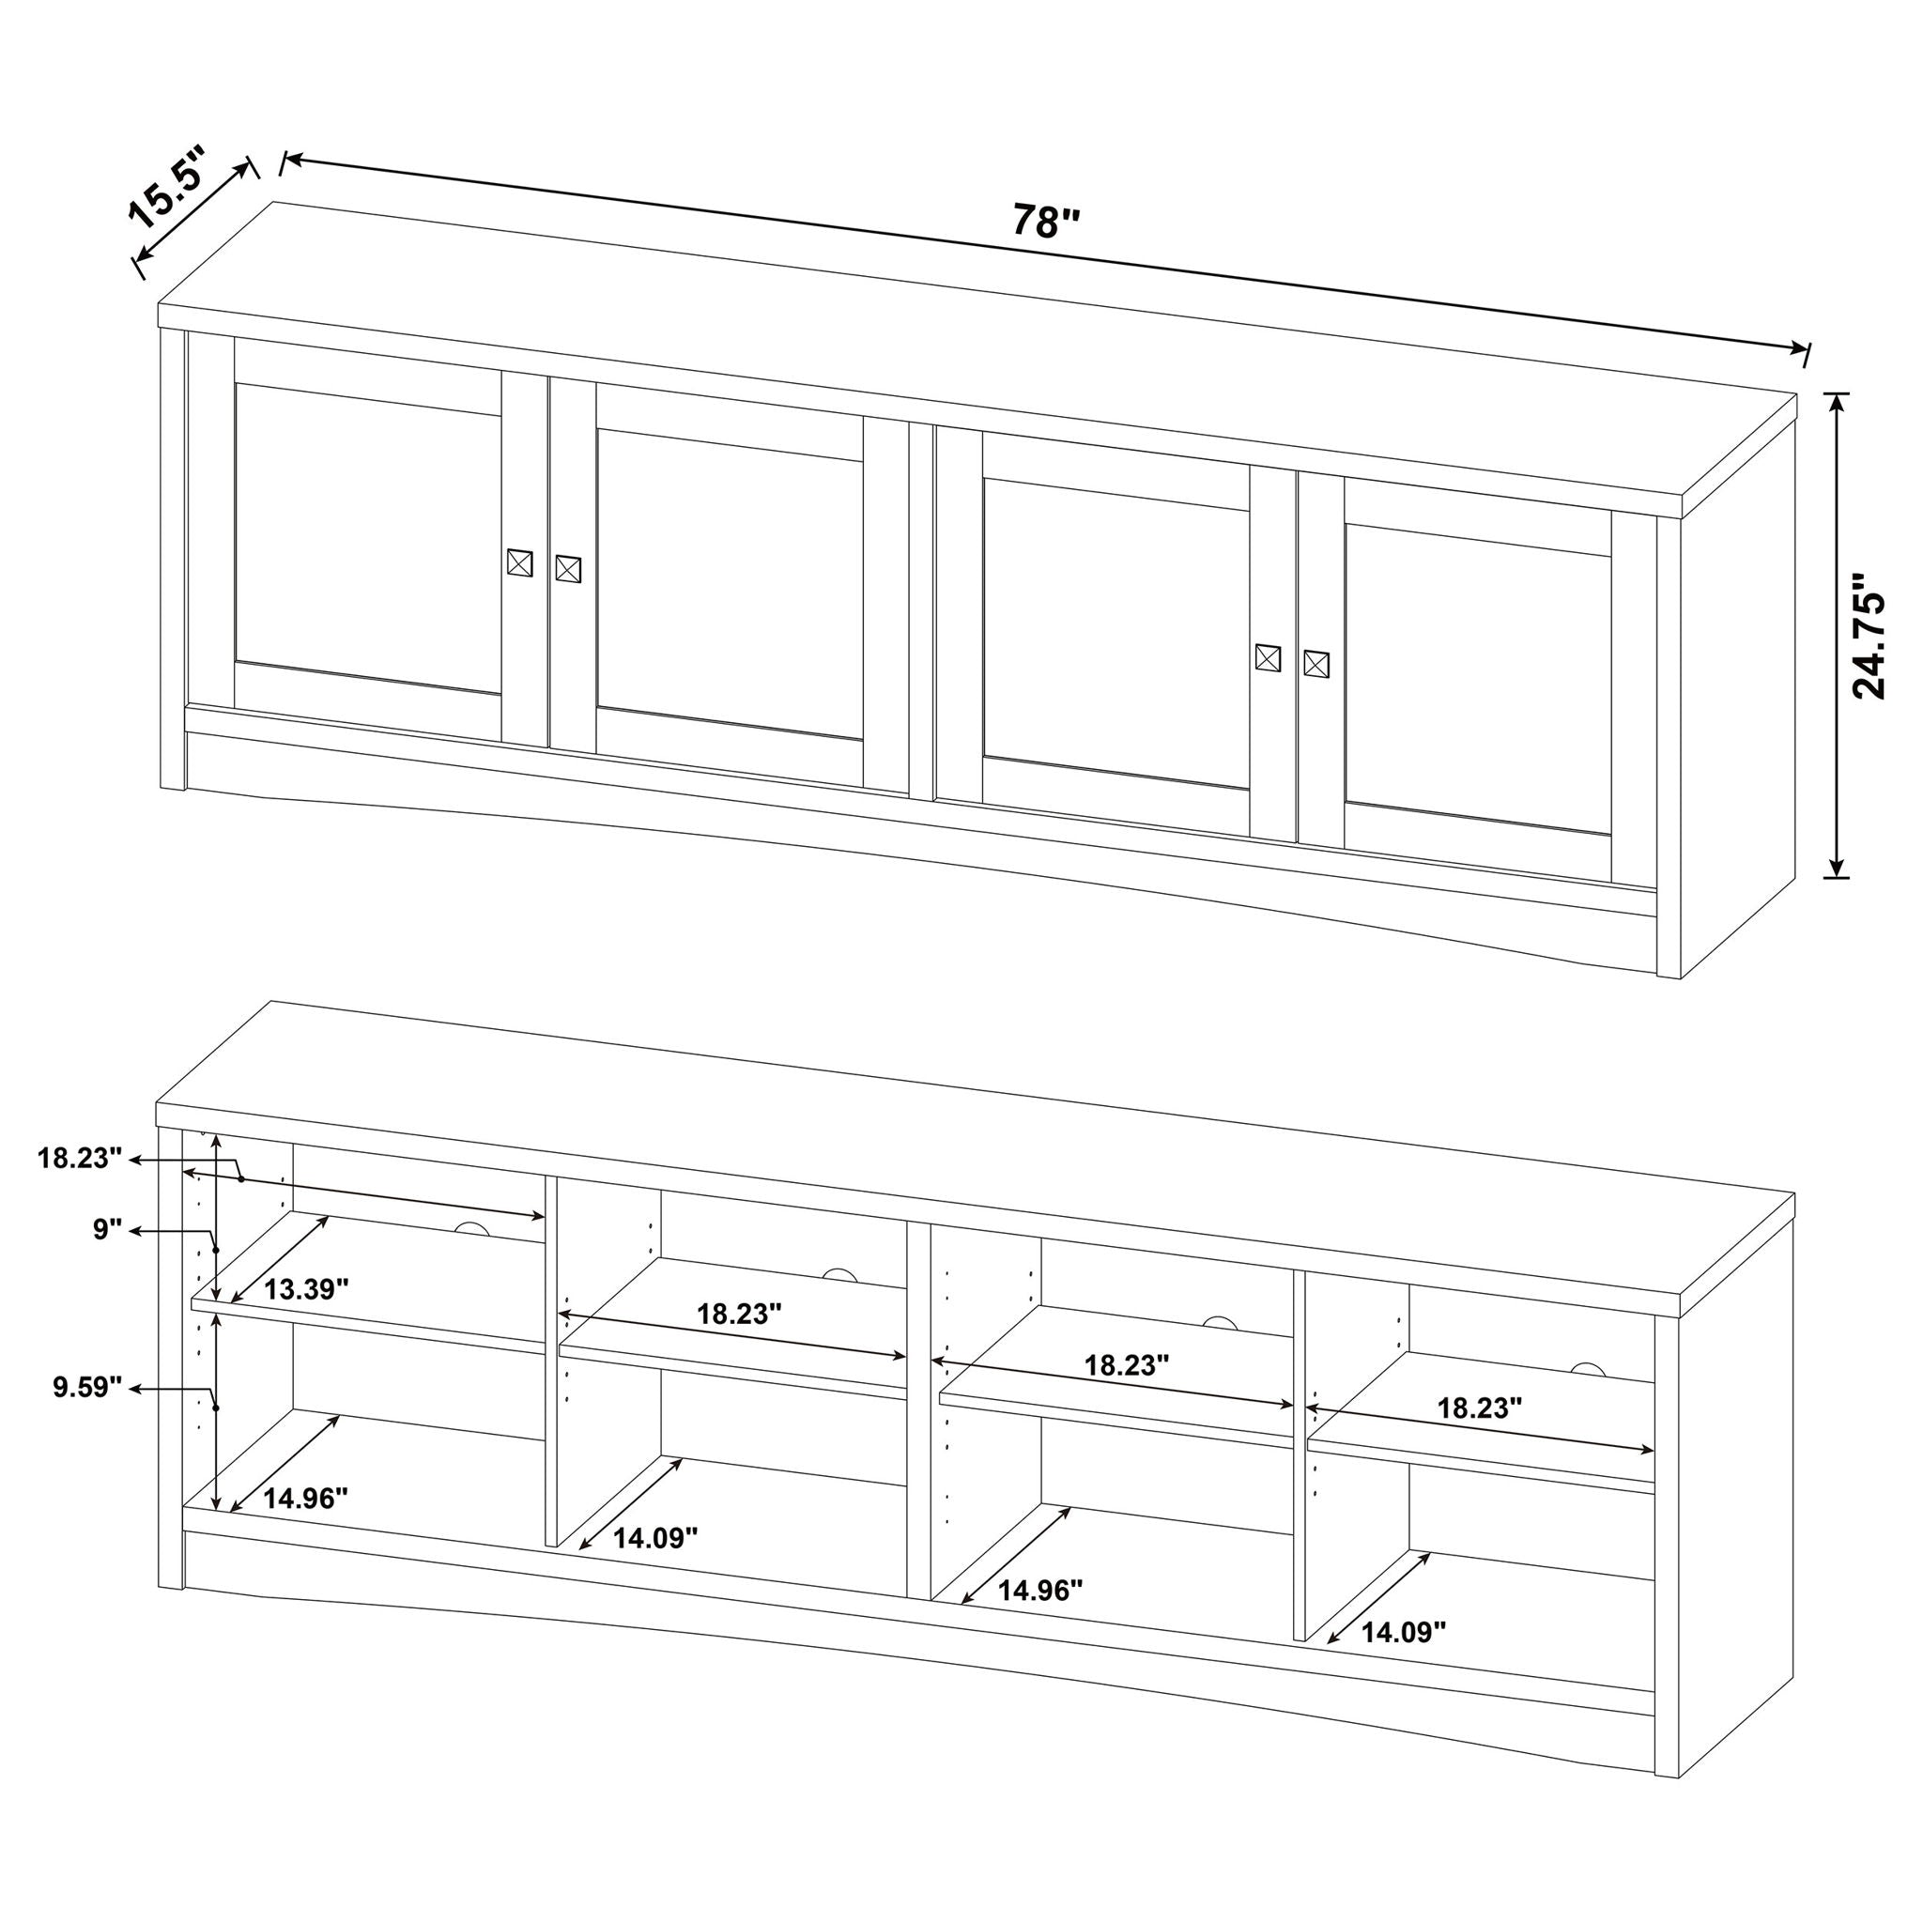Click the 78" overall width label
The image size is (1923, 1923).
[x=1045, y=221]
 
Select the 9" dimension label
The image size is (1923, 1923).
[x=106, y=1229]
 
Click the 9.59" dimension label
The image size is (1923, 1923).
[x=87, y=1387]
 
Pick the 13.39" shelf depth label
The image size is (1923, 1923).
[x=305, y=1289]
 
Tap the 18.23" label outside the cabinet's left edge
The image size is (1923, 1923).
[x=80, y=1158]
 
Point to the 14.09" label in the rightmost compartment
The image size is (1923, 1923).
[x=1403, y=1631]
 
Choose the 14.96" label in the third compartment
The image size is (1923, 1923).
[x=1039, y=1591]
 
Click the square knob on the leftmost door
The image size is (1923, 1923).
[x=519, y=562]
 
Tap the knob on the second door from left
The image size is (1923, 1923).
[x=567, y=568]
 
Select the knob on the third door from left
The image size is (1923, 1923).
[x=1267, y=657]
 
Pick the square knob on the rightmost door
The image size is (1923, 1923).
[x=1315, y=663]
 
